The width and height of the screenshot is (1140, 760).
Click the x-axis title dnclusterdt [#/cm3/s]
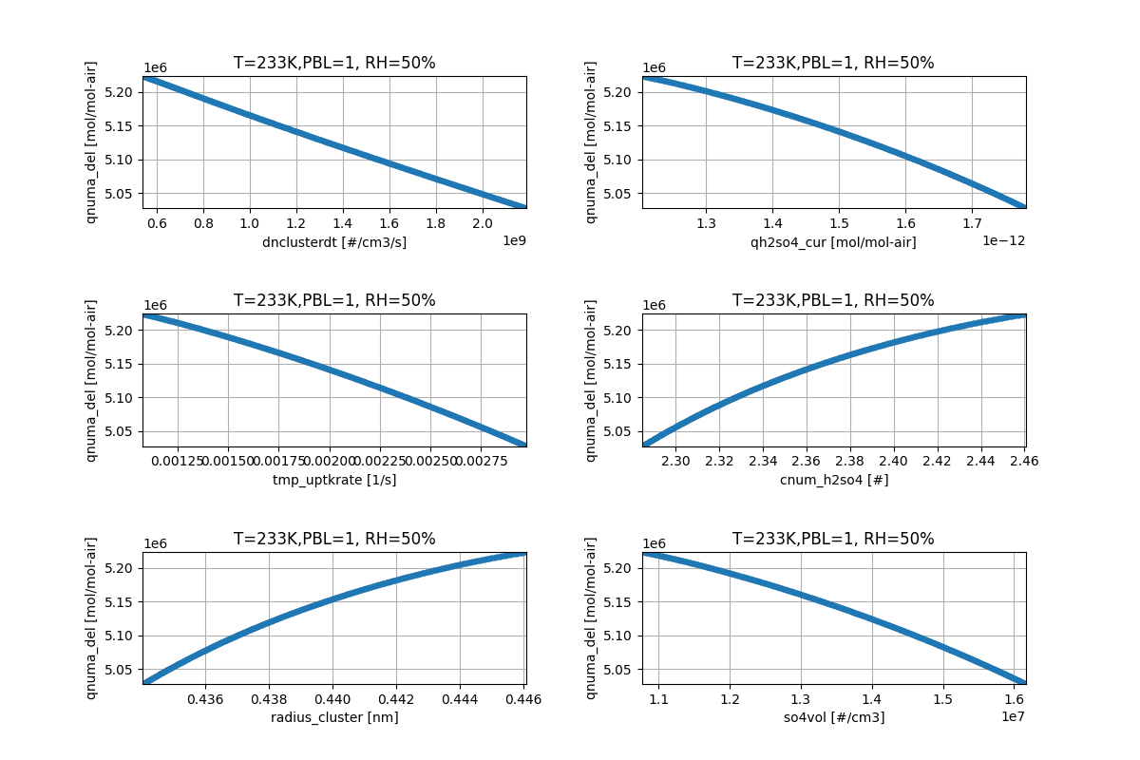(334, 242)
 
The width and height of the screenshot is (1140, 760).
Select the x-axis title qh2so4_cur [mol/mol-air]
(833, 242)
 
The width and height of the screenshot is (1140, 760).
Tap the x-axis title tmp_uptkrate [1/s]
(334, 480)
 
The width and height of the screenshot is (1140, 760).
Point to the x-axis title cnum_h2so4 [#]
(833, 480)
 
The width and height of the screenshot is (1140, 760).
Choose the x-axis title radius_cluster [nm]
(334, 717)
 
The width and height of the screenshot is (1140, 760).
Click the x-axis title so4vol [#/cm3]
(833, 717)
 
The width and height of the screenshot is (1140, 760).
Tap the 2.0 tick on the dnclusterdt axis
(483, 222)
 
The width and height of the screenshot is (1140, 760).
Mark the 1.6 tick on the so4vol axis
(1014, 698)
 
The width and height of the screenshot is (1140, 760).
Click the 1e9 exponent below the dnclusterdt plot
(513, 240)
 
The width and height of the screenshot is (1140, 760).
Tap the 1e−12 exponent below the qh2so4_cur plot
(1005, 240)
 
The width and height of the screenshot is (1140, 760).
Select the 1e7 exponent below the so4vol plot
(1014, 716)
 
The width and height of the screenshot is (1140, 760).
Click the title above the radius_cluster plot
(334, 539)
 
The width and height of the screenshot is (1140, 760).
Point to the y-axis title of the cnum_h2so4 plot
(591, 380)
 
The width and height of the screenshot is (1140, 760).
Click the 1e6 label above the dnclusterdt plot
(157, 68)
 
